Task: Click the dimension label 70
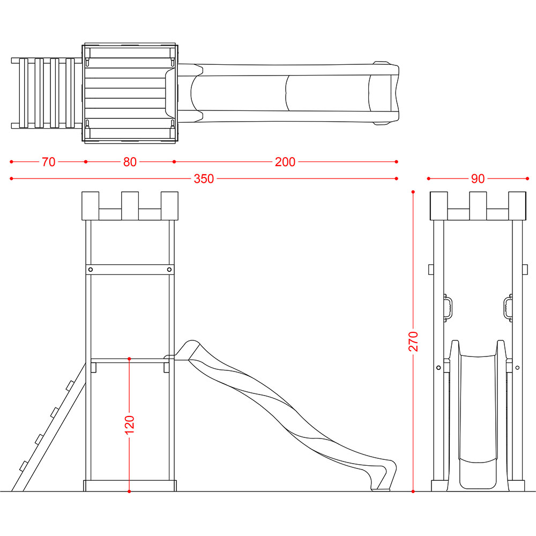(x=49, y=162)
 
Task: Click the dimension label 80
(x=130, y=162)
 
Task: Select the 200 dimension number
(x=285, y=162)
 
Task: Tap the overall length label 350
(x=204, y=178)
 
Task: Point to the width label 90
(x=478, y=178)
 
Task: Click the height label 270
(x=413, y=341)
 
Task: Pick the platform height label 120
(x=130, y=425)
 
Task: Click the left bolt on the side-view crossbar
(x=91, y=270)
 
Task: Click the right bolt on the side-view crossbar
(x=169, y=270)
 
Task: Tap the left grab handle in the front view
(x=448, y=308)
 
